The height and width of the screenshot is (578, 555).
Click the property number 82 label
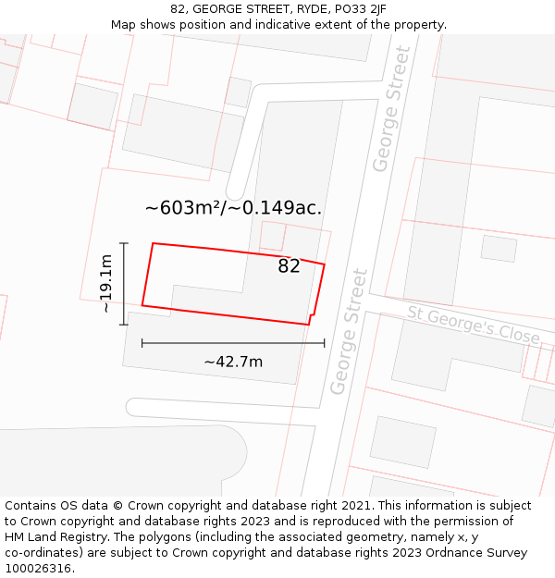point(289,266)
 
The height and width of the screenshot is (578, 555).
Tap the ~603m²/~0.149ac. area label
point(233,208)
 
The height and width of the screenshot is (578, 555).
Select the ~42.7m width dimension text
point(233,362)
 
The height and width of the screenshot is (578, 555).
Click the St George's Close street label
point(473,325)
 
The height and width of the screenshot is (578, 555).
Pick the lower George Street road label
point(349,331)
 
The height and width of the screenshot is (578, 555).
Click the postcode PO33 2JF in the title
point(356,9)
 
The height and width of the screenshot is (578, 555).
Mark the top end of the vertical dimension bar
point(124,243)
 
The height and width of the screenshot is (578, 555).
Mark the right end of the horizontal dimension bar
point(325,343)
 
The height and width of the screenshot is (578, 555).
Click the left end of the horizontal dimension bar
point(142,343)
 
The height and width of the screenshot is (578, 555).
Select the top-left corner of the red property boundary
point(153,243)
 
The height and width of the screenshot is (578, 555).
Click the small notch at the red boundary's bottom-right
point(309,320)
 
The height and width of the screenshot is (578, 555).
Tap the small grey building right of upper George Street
point(499,248)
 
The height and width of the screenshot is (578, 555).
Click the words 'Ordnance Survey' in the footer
point(478,553)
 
